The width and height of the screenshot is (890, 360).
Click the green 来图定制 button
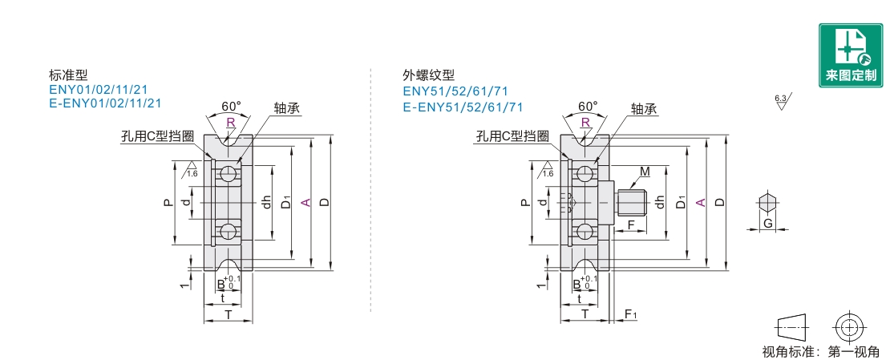(850, 55)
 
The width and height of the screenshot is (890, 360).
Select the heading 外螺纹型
(428, 75)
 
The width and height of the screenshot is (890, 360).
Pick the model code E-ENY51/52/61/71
(463, 107)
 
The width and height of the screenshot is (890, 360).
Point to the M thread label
(645, 172)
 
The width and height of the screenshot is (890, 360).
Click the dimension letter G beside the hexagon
(767, 224)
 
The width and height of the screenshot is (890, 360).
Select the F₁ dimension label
(631, 313)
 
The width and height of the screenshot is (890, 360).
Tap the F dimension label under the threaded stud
(630, 225)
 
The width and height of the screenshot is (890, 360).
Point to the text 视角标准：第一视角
(819, 350)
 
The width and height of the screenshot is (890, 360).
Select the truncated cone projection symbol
(792, 326)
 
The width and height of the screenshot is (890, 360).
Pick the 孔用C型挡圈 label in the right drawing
(512, 136)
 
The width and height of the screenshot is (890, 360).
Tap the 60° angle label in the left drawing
(231, 106)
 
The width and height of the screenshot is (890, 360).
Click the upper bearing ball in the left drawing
(229, 174)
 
